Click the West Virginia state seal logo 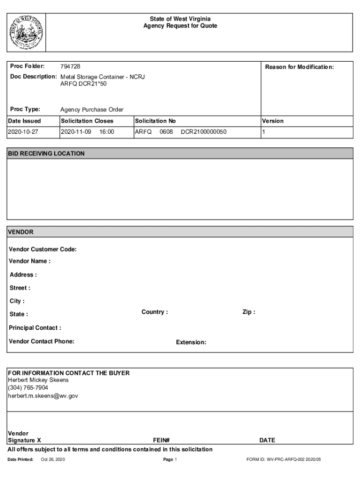click(x=27, y=32)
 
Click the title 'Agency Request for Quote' click(x=180, y=26)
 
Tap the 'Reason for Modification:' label click(x=299, y=67)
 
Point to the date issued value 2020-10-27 click(x=23, y=132)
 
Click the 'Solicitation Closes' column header click(x=87, y=121)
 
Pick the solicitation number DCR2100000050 click(x=203, y=132)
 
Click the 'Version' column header click(x=273, y=121)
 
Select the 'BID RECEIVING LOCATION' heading click(x=46, y=153)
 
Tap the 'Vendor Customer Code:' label click(x=43, y=249)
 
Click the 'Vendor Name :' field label click(x=29, y=261)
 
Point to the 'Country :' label click(x=155, y=312)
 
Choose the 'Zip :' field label click(x=249, y=312)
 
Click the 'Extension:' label click(x=191, y=342)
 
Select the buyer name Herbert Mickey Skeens click(x=38, y=380)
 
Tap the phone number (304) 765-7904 click(x=28, y=388)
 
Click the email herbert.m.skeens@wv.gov click(x=43, y=396)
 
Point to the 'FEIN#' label click(x=161, y=440)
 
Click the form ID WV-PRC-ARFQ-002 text click(x=284, y=460)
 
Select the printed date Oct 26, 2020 click(x=53, y=460)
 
